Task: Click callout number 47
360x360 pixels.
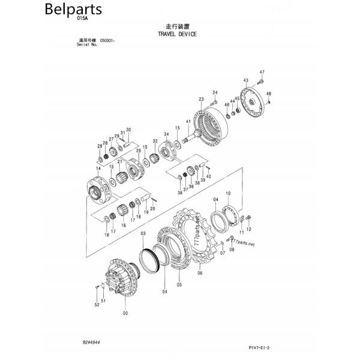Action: [x=262, y=73]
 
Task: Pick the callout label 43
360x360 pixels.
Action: [x=246, y=80]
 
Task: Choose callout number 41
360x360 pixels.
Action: [x=188, y=122]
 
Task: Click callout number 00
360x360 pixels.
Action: [x=125, y=313]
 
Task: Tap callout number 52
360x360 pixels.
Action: [x=97, y=305]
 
